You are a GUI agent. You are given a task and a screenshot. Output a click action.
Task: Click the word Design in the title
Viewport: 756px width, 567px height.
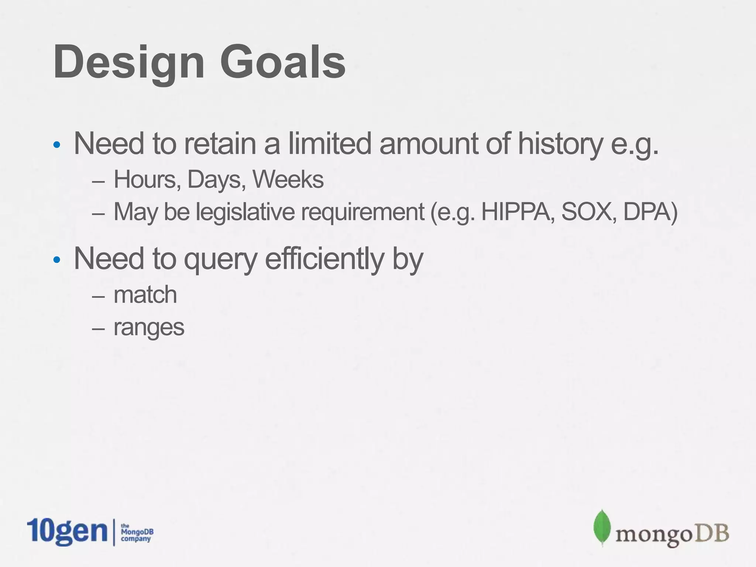tap(128, 62)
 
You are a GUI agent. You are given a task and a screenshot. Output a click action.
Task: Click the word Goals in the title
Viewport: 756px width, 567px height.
tap(282, 62)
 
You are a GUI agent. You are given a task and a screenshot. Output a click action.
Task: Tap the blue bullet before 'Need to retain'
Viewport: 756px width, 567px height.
tap(56, 145)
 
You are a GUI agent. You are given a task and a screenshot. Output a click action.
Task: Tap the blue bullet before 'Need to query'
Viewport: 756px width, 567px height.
tap(56, 260)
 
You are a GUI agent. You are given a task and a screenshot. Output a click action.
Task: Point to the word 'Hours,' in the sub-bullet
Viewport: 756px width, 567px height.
tap(147, 180)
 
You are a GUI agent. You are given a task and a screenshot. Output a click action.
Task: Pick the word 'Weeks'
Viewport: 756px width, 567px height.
tap(288, 180)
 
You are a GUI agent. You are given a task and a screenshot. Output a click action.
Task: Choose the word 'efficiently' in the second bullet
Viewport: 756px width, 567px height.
tap(324, 259)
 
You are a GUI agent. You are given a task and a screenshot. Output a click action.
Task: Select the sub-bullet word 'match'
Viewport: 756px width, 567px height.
tap(145, 295)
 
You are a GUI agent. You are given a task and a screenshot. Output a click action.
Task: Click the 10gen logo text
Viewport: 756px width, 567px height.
tap(66, 531)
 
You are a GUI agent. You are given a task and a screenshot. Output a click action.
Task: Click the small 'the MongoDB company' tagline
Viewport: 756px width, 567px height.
tap(137, 532)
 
